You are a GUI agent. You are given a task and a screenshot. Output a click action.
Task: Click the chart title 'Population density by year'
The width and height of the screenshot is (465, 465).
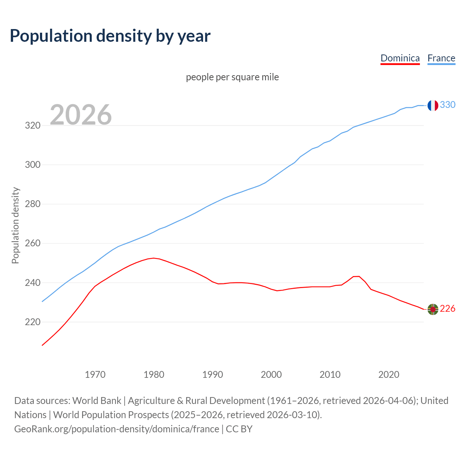pos(110,36)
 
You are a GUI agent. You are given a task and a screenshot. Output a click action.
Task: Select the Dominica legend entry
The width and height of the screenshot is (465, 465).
pos(400,58)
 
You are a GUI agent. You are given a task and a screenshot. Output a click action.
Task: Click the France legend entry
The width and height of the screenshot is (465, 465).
pos(441,58)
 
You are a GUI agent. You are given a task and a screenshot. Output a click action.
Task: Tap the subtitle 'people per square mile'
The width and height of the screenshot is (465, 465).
pos(232,77)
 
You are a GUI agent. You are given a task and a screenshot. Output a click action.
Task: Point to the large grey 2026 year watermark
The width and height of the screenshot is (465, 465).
pos(81,115)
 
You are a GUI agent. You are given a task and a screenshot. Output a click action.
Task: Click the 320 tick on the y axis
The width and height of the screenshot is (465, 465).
pos(32,126)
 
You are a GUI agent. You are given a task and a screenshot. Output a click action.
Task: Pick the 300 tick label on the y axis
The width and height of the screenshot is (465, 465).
pos(32,165)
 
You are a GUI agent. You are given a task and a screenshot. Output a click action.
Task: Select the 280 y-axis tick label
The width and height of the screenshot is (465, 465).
pos(32,204)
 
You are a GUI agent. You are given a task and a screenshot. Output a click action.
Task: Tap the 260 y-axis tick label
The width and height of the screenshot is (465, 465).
pos(32,243)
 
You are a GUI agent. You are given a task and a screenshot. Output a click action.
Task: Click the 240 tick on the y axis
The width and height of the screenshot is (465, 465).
pos(32,283)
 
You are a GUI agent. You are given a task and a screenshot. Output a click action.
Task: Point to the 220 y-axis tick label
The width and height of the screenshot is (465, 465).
pos(32,322)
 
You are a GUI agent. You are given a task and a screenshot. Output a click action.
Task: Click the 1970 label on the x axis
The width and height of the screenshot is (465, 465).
pos(95,375)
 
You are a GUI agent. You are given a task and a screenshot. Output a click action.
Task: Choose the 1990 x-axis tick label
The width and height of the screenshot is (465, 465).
pos(213,375)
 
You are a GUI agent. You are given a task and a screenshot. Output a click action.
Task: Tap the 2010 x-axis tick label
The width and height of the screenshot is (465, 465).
pos(330,375)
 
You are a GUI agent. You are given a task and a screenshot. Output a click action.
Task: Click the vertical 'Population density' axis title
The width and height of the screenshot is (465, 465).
pos(15,225)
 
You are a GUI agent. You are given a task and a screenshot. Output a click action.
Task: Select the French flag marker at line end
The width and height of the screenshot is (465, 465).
pos(432,105)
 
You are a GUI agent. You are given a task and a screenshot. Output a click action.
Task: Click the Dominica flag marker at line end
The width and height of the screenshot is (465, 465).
pos(432,309)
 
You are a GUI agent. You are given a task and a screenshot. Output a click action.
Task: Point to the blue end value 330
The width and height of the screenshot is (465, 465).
pos(448,105)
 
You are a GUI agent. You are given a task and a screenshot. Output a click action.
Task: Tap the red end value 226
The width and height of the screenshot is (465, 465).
pos(448,309)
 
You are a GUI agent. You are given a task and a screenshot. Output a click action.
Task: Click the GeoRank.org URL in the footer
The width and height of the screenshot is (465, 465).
pos(117,429)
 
